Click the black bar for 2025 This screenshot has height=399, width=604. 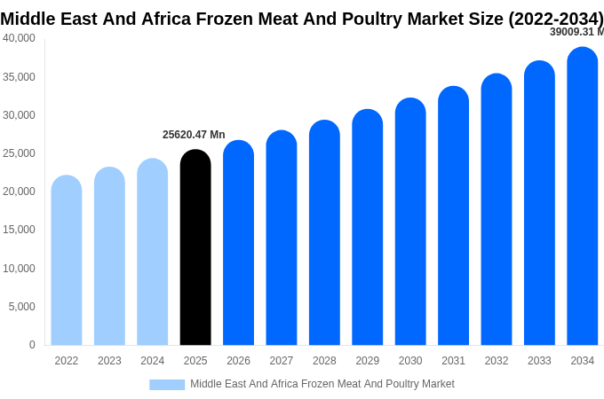coord(195,248)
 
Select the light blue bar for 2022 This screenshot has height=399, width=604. coord(67,262)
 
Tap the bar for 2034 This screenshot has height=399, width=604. coord(583,197)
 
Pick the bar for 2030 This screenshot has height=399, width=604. coord(410,222)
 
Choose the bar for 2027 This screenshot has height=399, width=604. coord(282,238)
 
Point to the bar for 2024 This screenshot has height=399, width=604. coord(152,253)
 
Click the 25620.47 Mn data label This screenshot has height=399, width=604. coord(194,135)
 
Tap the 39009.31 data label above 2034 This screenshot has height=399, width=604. coord(576,32)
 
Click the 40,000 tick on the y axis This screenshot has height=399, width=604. coord(20,38)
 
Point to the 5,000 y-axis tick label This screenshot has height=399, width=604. coord(22,307)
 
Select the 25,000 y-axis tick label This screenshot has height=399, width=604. coord(20,153)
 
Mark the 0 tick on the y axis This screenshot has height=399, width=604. coord(32,345)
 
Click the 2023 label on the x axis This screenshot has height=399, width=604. coord(109,361)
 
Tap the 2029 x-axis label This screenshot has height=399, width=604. coord(368,361)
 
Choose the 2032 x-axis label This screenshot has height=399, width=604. coord(497,361)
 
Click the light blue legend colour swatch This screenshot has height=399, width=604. coord(167,385)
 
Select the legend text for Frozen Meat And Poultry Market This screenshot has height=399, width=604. coord(322,384)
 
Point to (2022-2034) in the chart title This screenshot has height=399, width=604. coord(555,19)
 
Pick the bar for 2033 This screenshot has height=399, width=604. coord(539,204)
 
